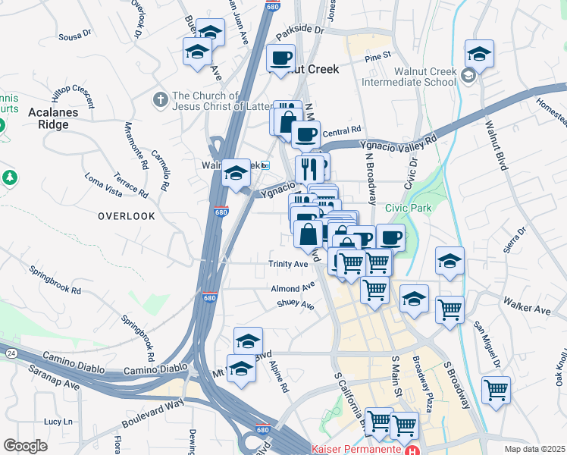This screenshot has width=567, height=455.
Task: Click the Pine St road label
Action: (377, 56)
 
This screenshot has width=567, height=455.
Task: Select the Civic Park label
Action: (407, 207)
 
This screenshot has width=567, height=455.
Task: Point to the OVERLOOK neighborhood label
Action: (126, 216)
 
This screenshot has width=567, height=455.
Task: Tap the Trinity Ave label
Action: (288, 264)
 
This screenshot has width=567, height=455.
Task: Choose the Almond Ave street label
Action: (293, 288)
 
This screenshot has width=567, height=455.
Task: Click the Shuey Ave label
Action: (295, 304)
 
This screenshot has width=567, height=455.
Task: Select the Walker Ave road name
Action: (533, 309)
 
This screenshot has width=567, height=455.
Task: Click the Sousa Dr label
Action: (75, 34)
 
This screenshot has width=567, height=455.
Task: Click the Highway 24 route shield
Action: (11, 353)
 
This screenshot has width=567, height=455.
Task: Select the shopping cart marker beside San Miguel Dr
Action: (496, 390)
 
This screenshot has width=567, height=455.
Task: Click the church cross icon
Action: (159, 99)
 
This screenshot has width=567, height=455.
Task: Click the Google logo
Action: (25, 446)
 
